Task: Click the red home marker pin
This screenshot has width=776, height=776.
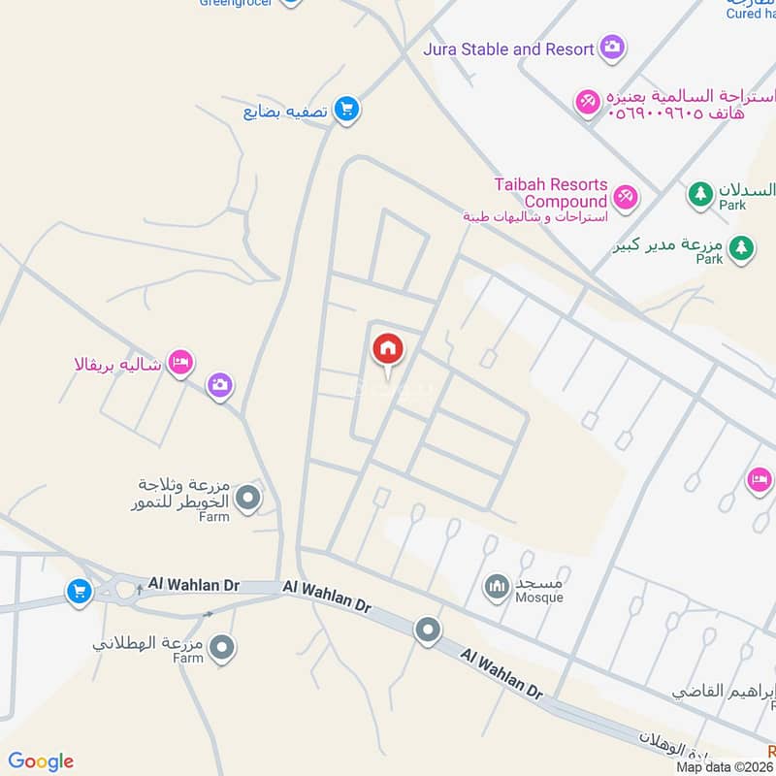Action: point(387,350)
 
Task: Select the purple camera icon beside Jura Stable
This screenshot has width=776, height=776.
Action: point(612,47)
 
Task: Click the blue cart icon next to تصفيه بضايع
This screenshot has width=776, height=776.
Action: point(345,110)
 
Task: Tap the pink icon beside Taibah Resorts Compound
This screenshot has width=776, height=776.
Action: point(626,197)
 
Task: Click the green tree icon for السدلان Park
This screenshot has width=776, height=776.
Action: point(699,195)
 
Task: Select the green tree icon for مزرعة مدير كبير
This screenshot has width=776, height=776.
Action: point(740,248)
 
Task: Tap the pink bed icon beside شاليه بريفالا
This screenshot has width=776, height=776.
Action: point(180,363)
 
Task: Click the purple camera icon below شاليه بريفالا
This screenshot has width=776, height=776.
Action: point(220,386)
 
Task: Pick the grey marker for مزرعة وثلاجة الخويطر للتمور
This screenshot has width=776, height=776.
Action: point(249,499)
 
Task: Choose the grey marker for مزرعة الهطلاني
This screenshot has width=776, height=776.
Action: point(222,647)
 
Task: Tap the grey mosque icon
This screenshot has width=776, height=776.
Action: point(498,587)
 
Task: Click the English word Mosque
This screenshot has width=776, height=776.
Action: point(540,598)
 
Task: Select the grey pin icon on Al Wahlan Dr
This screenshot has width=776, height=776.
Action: point(428,632)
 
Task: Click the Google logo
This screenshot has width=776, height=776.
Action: point(41,761)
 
